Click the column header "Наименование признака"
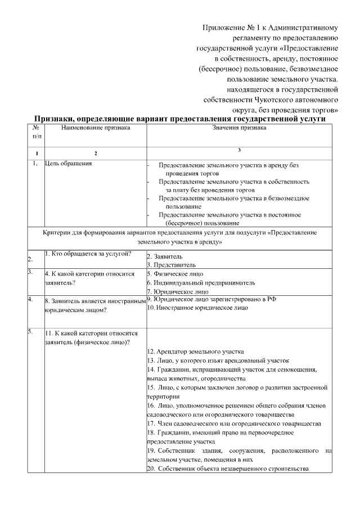(96, 128)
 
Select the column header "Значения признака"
(239, 128)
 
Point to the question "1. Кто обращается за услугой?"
(88, 253)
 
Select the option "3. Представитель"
(171, 264)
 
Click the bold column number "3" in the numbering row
(239, 149)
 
